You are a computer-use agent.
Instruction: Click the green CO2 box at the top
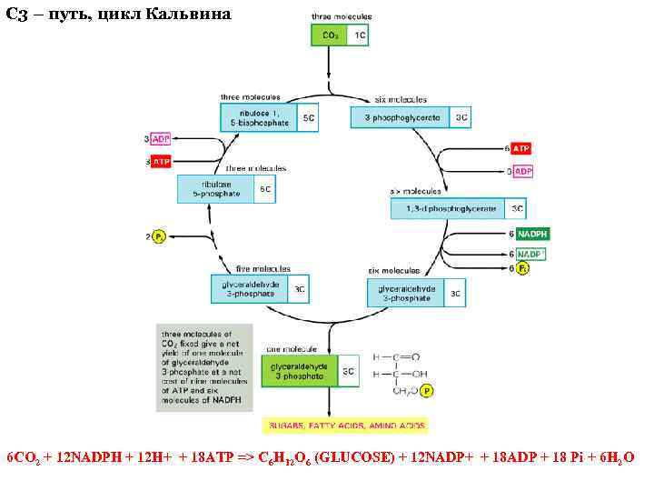coord(331,35)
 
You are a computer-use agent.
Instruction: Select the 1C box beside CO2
coord(360,35)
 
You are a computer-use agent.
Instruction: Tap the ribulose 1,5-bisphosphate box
coord(259,117)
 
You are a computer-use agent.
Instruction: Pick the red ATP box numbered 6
coord(521,148)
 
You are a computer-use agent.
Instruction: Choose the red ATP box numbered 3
coord(161,162)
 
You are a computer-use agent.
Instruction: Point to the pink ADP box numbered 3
coord(161,139)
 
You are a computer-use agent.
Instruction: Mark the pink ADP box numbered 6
coord(523,171)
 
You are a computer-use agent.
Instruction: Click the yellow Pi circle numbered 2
coord(159,237)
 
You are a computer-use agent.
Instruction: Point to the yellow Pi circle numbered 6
coord(523,268)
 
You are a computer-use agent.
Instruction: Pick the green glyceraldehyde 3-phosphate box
coord(301,372)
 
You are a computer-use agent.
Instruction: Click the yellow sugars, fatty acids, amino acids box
coord(344,426)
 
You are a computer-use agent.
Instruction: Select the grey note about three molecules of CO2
coord(203,367)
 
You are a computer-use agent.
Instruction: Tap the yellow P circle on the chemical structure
coord(428,391)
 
